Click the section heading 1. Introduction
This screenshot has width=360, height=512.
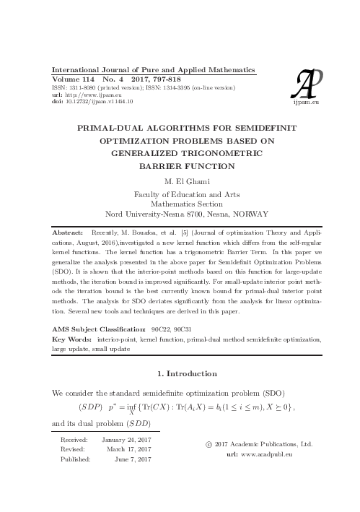186,373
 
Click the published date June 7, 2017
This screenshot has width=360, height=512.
131,459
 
